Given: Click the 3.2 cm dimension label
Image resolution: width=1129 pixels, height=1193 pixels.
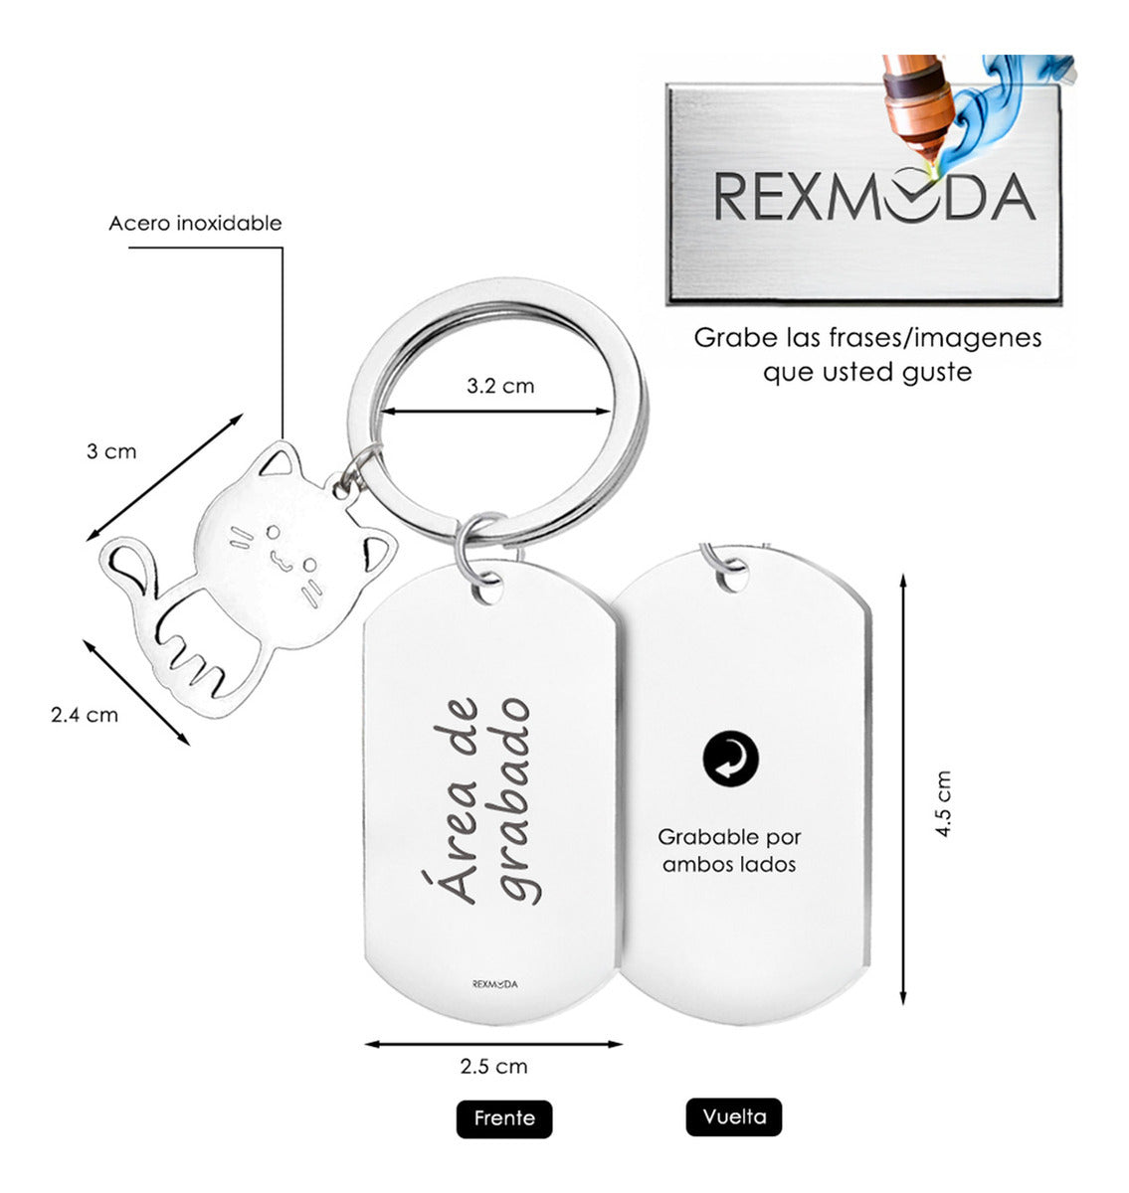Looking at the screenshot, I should point(500,386).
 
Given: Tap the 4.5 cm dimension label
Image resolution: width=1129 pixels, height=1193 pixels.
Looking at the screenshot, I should point(943,803).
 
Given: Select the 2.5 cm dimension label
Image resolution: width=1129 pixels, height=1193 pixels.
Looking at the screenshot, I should point(493,1067).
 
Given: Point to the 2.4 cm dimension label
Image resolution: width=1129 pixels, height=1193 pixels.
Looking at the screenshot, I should point(85,715).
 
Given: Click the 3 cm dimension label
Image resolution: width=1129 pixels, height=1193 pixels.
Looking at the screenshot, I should point(110,451).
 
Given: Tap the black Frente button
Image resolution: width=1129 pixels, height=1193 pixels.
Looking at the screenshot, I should point(504,1118).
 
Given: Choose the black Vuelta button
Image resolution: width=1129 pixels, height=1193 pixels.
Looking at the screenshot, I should point(734,1116).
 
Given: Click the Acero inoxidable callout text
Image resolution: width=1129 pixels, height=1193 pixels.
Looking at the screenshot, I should point(195,223).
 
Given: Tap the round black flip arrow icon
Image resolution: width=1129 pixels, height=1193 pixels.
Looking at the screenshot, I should point(730,761).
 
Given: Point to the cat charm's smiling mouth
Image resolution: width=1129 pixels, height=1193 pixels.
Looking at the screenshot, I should point(278,563).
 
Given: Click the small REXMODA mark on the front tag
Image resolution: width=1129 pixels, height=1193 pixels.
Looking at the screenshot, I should point(494,984).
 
